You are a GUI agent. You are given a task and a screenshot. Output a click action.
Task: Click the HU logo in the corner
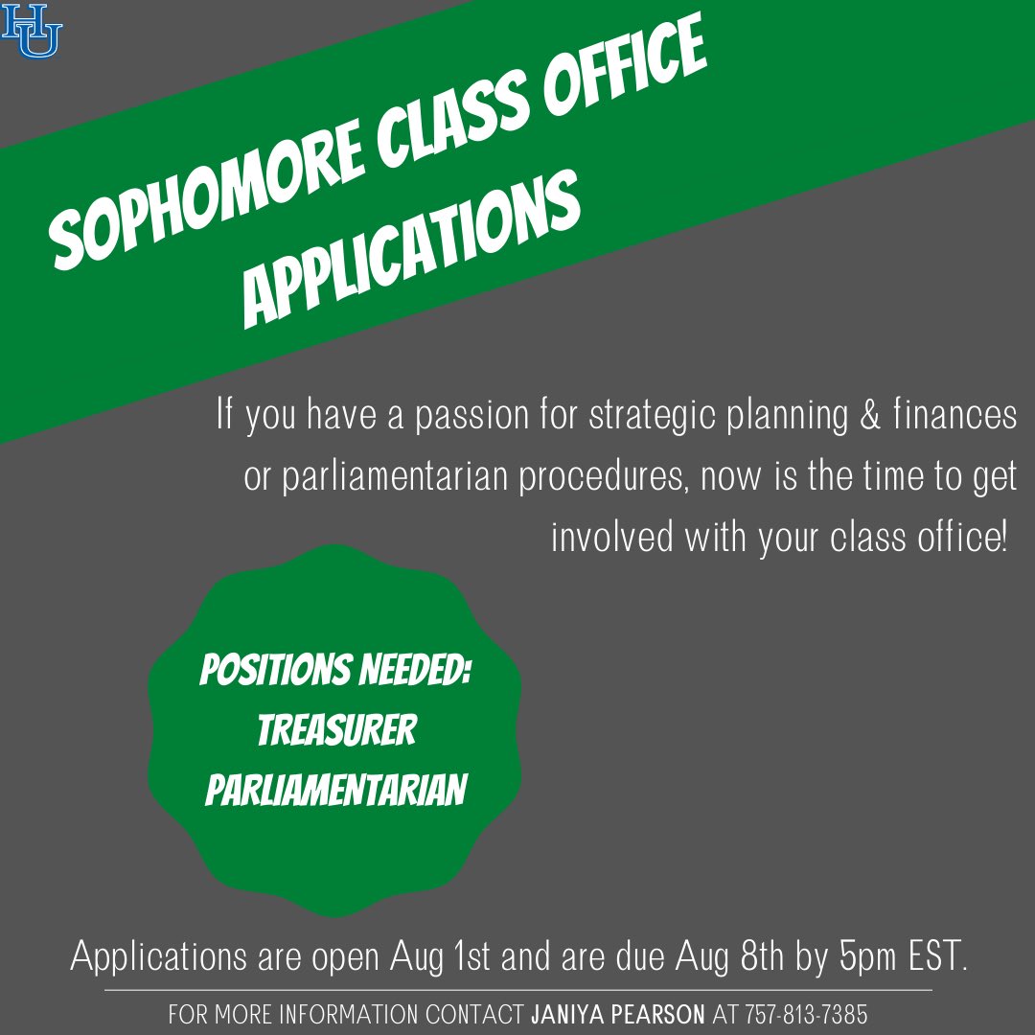[x=32, y=30]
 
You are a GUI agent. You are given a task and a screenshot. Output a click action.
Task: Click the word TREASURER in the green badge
[x=336, y=731]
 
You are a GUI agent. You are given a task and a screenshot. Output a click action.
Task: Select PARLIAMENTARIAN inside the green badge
[x=335, y=790]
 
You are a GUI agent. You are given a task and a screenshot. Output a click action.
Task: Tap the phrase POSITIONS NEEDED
[x=335, y=672]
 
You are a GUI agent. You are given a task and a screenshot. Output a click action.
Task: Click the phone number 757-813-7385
[x=806, y=1014]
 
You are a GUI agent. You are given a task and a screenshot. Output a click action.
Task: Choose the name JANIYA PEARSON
[x=617, y=1014]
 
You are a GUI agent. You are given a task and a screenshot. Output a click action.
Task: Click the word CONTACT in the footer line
[x=473, y=1014]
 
